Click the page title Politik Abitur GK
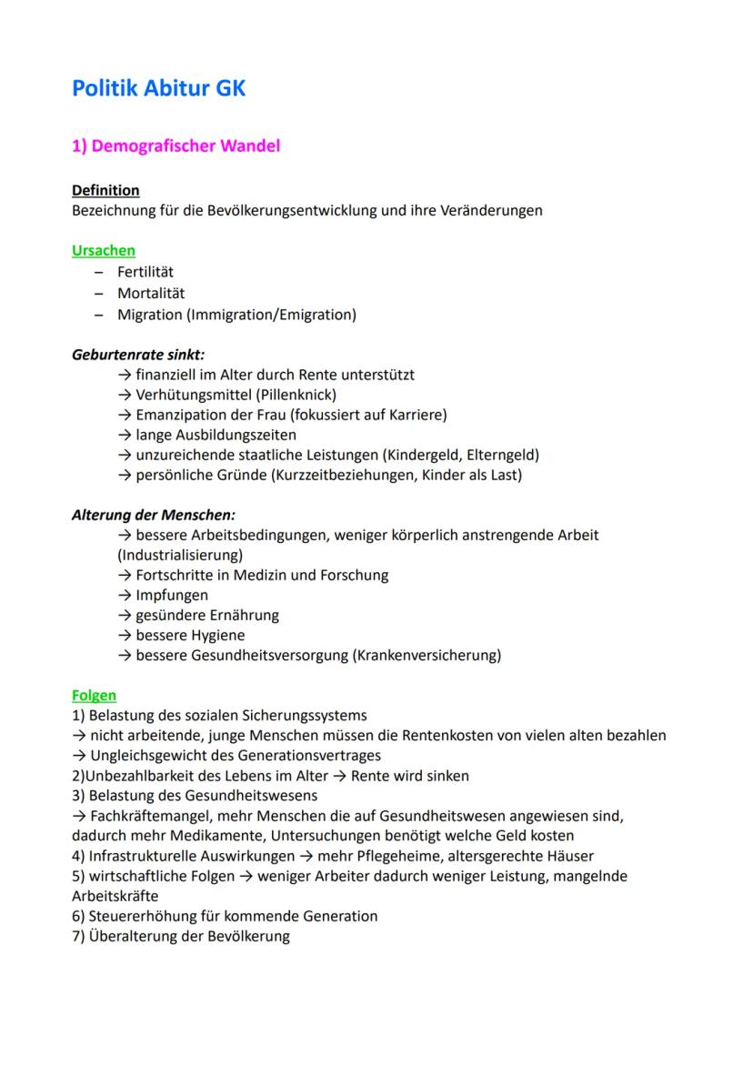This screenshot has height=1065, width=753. (159, 88)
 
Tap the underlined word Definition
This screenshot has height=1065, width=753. (105, 190)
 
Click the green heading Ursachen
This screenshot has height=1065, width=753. (104, 250)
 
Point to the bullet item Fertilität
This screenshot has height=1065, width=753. (146, 272)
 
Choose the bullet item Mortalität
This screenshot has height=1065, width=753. (151, 294)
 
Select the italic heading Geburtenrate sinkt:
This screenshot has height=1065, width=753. (138, 354)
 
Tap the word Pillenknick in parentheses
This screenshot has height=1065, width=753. (295, 395)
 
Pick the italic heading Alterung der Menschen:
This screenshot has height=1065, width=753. (154, 515)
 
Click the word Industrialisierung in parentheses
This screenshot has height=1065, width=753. (179, 554)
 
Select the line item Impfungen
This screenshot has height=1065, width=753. (172, 595)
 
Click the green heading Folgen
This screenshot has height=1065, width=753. (94, 696)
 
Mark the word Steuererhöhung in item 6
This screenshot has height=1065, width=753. (142, 916)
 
